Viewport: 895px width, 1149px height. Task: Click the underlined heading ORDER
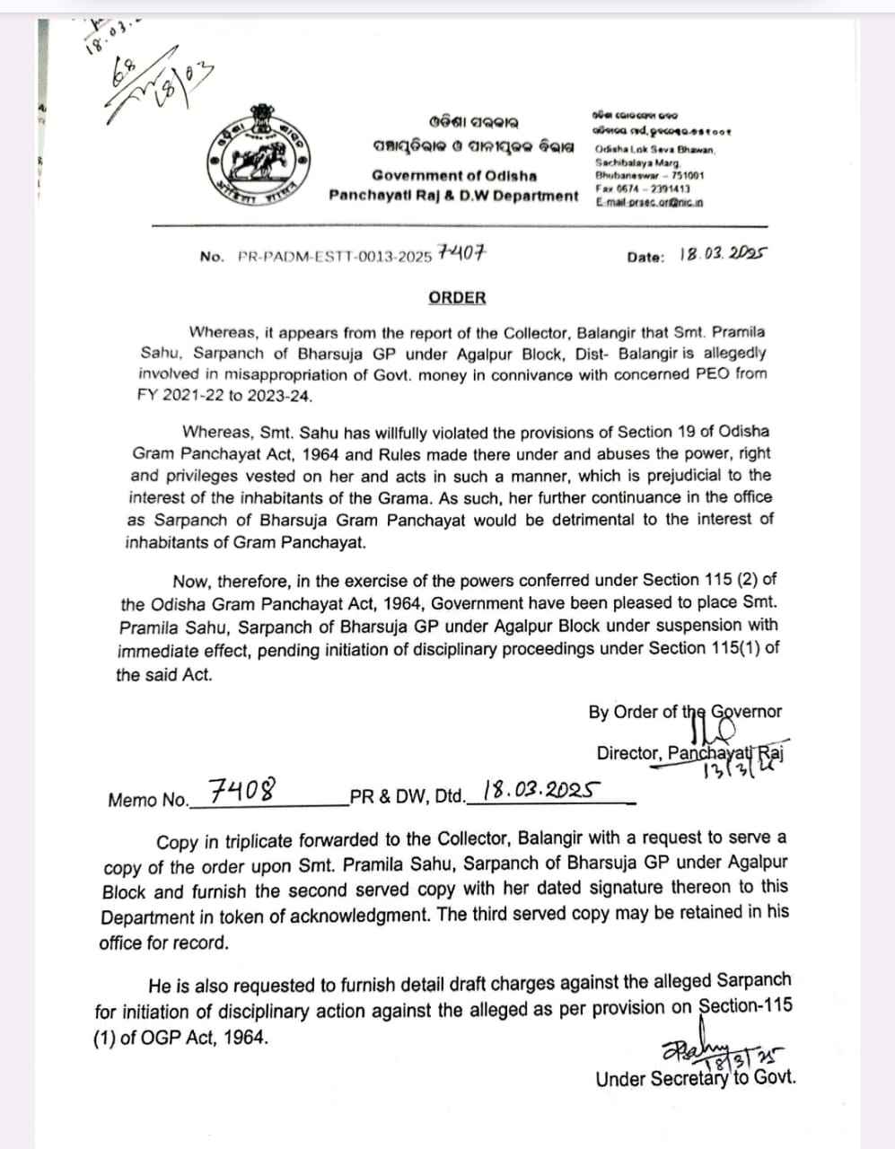click(457, 297)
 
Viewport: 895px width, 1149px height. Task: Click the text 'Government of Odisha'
click(454, 175)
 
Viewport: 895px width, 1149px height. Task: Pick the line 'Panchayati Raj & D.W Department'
click(454, 195)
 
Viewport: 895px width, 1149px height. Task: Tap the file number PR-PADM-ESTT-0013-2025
click(337, 257)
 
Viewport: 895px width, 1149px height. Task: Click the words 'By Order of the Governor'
click(685, 712)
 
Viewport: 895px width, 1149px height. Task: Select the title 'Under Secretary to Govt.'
click(696, 1079)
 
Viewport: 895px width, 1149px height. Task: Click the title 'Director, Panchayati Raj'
click(689, 753)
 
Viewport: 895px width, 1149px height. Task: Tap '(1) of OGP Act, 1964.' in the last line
click(181, 1038)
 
